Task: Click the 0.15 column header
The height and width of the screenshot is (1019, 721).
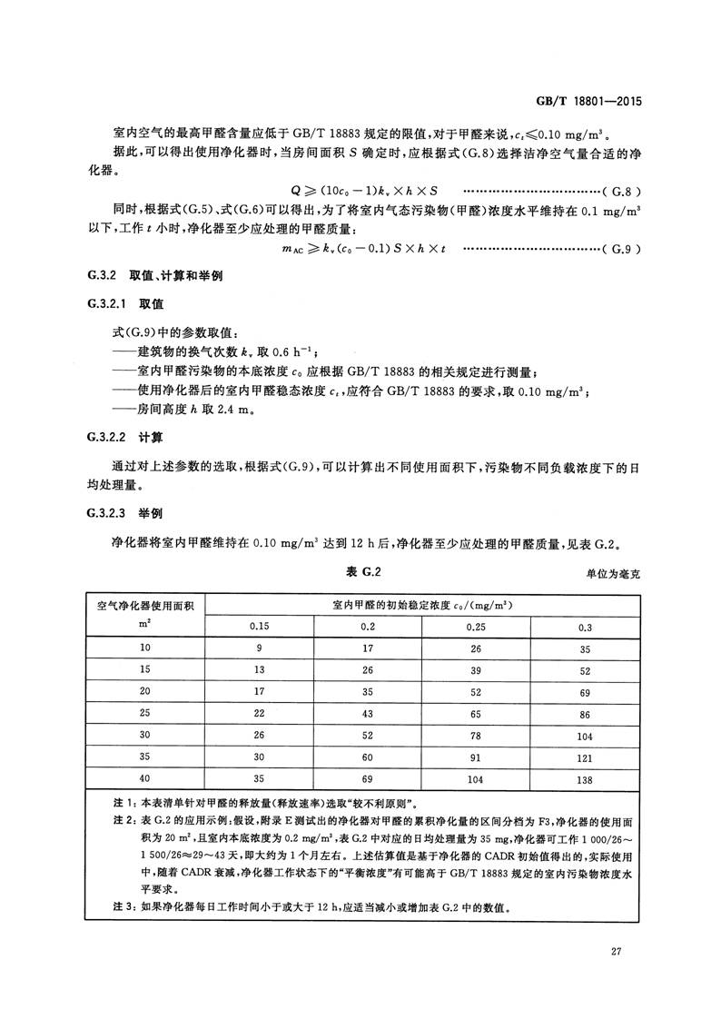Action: (x=260, y=627)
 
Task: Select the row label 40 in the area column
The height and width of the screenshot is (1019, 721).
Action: (x=145, y=778)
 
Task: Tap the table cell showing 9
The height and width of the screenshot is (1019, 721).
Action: (x=260, y=648)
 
